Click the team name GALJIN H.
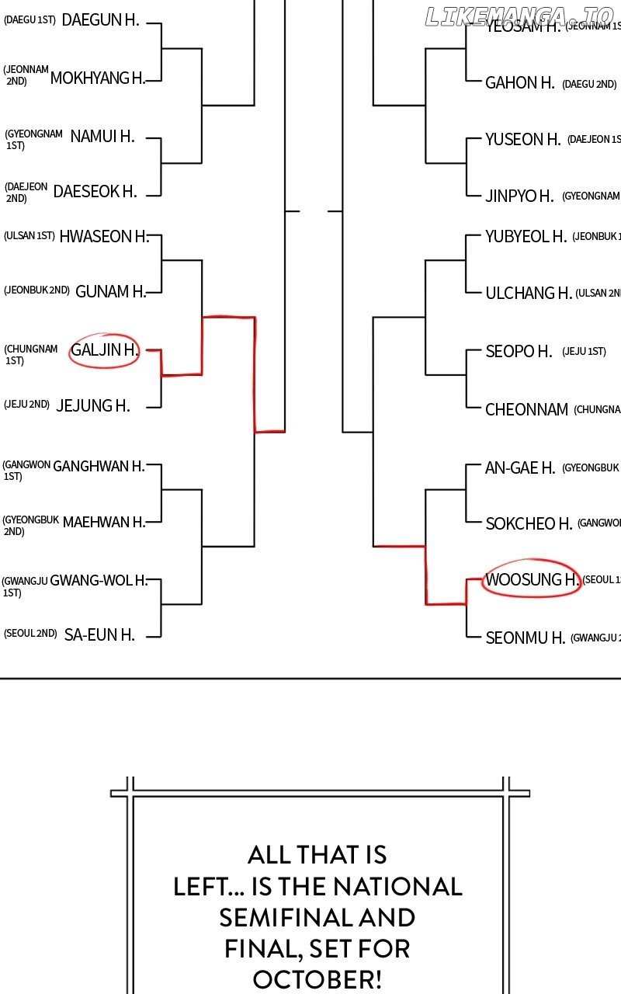tap(104, 350)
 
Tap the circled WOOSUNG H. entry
tap(532, 580)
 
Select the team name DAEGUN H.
tap(100, 20)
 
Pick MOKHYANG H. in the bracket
tap(97, 78)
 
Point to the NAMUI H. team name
tap(102, 137)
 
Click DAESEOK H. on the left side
tap(95, 191)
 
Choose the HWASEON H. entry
tap(103, 237)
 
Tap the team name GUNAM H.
tap(111, 292)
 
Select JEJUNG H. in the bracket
tap(93, 405)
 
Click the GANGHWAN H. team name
tap(99, 467)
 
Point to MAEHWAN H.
tap(104, 522)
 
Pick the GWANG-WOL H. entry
tap(99, 580)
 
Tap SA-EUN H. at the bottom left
tap(99, 635)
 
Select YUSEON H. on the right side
tap(522, 140)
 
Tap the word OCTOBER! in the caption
tap(317, 979)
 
